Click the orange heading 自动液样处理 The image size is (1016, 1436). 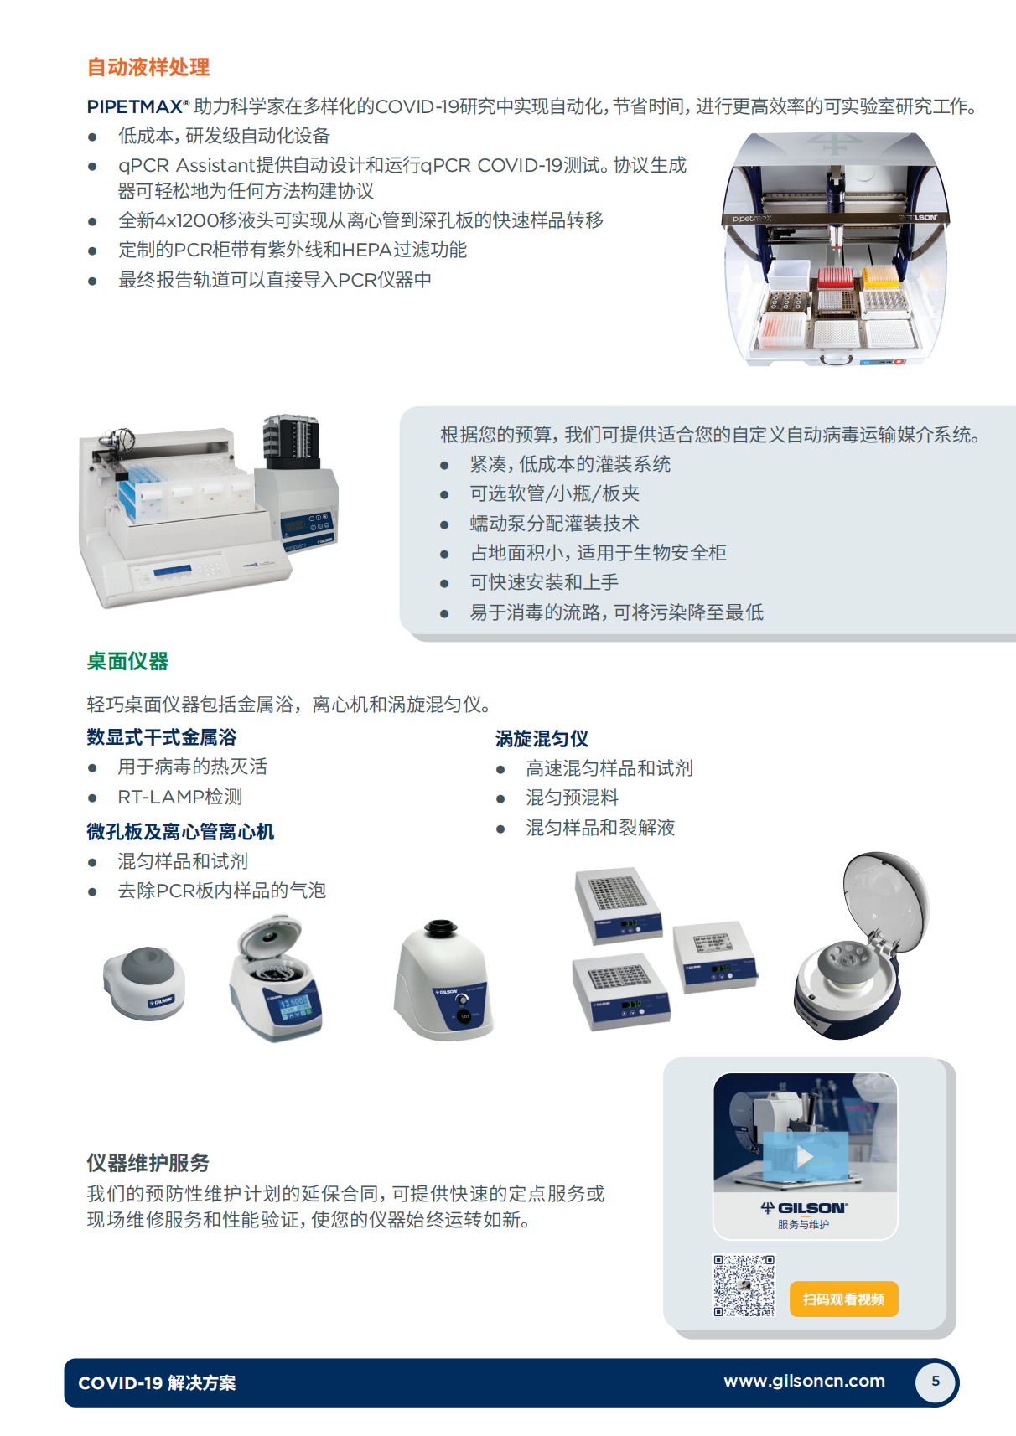coord(148,67)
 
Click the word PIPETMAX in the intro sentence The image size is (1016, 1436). coord(135,106)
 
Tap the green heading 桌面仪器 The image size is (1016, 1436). coord(127,661)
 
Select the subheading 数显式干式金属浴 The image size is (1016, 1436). coord(162,737)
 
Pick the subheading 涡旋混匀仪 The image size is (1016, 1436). coord(542,739)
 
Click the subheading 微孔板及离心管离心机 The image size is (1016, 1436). coord(180,831)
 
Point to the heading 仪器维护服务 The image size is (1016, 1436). coord(148,1163)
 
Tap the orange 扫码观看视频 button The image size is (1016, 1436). coord(843,1299)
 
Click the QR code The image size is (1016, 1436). coord(744,1285)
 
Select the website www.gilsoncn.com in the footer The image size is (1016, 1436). coord(804,1381)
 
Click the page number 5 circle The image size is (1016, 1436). coord(936,1382)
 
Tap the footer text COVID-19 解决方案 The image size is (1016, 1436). coord(157,1383)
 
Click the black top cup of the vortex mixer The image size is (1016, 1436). coord(440,928)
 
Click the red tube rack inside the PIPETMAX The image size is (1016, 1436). coord(835,276)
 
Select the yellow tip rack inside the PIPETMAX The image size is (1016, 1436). coord(880,275)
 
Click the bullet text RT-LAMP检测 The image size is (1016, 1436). coord(179,797)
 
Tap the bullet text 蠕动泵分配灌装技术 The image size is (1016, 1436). coord(554,524)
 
